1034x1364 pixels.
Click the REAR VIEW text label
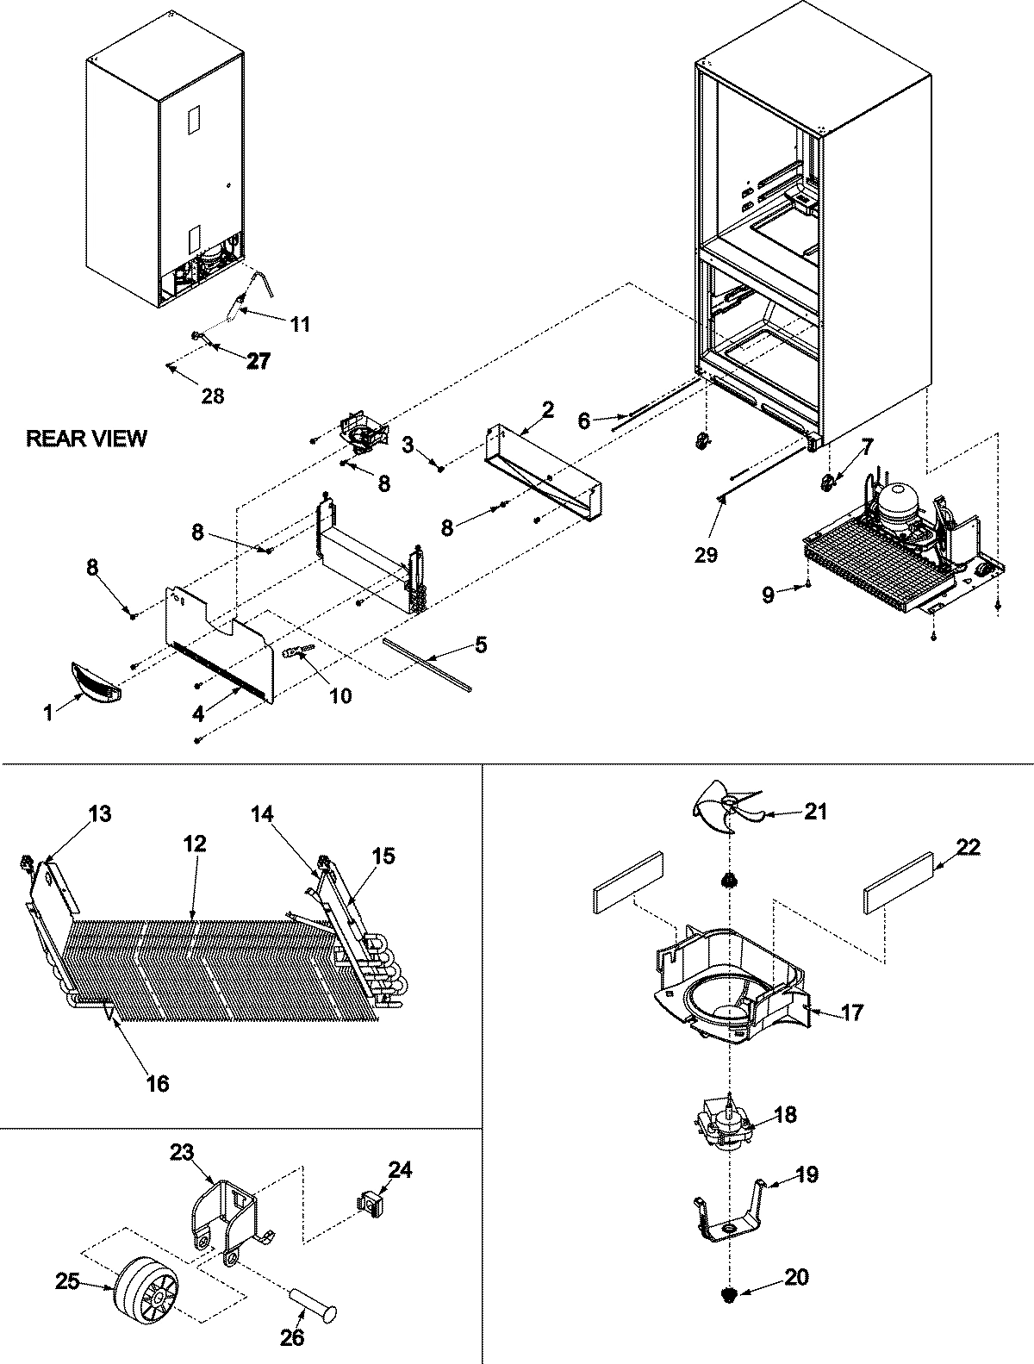(x=86, y=439)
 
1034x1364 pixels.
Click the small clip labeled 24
(x=371, y=1201)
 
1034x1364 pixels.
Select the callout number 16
(x=157, y=1082)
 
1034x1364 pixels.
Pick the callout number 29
(x=706, y=556)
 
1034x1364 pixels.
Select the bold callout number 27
(x=258, y=362)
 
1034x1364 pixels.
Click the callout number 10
(x=341, y=695)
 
